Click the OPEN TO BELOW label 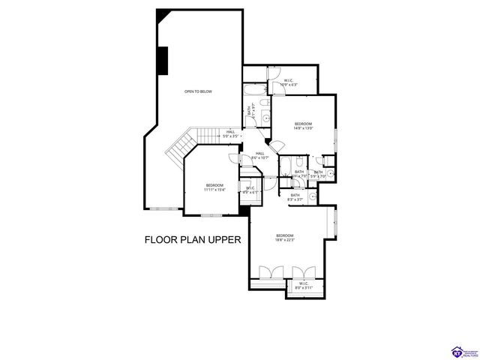pos(199,91)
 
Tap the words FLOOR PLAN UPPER pos(192,241)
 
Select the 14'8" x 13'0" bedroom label pos(303,125)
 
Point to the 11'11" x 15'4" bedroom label pos(214,187)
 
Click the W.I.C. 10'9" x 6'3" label pos(288,82)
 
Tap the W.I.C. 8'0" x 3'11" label pos(304,285)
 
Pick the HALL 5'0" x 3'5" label pos(231,133)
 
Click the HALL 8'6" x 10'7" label pos(260,155)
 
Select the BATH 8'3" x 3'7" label pos(295,197)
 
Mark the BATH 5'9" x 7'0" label pos(319,173)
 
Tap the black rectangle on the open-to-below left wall pos(162,59)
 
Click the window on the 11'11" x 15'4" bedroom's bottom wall pos(212,215)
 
